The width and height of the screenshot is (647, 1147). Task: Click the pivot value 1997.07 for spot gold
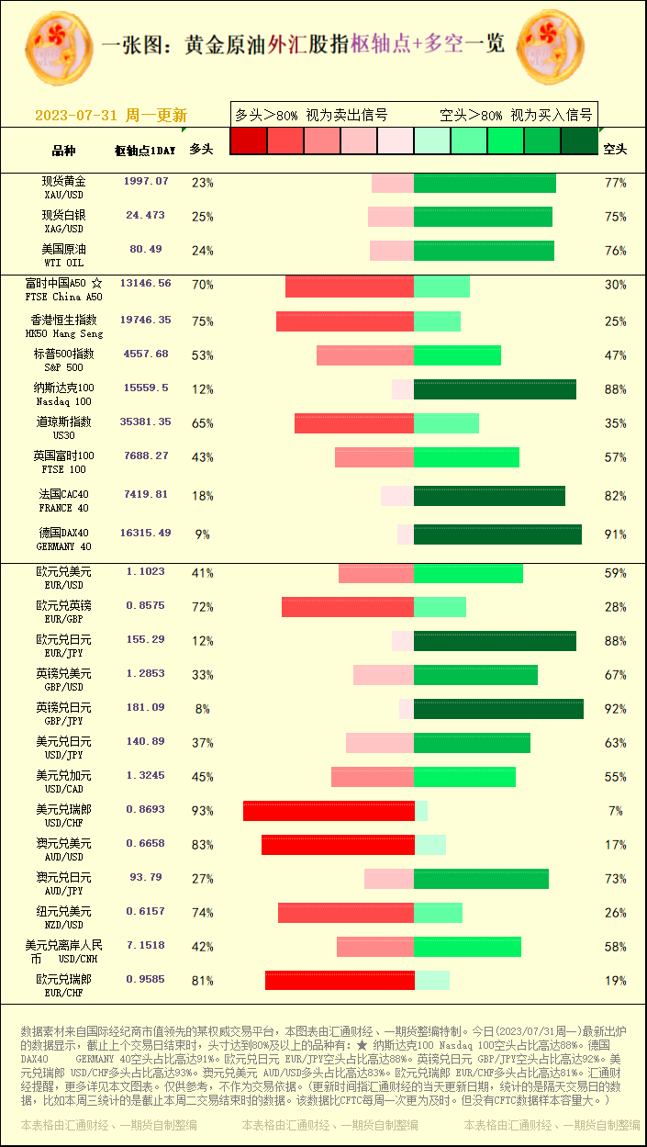tap(146, 182)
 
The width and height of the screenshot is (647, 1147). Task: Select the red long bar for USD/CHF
tap(329, 811)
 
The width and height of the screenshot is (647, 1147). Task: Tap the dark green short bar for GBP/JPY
tap(498, 709)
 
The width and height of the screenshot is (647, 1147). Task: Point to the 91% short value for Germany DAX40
tap(615, 534)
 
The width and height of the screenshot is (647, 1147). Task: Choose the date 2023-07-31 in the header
tap(76, 116)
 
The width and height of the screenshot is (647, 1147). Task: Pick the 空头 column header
tap(614, 149)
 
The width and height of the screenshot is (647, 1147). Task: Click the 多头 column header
tap(201, 149)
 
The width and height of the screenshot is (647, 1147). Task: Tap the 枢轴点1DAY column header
tap(145, 150)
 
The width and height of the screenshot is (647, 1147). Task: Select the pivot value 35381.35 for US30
tap(145, 422)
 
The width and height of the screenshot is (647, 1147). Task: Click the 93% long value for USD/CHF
tap(202, 811)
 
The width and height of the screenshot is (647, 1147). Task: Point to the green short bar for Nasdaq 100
tap(495, 389)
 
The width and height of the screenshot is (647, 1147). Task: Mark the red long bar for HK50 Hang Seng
tap(345, 321)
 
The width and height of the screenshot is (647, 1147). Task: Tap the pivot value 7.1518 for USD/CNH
tap(146, 946)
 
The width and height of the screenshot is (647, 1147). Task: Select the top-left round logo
tap(59, 47)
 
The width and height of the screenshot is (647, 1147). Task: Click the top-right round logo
tap(551, 46)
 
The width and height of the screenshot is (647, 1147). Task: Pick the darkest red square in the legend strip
tap(248, 141)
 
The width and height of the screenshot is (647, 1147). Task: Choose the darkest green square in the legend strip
tap(579, 141)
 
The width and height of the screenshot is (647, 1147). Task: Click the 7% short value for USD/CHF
tap(615, 811)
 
